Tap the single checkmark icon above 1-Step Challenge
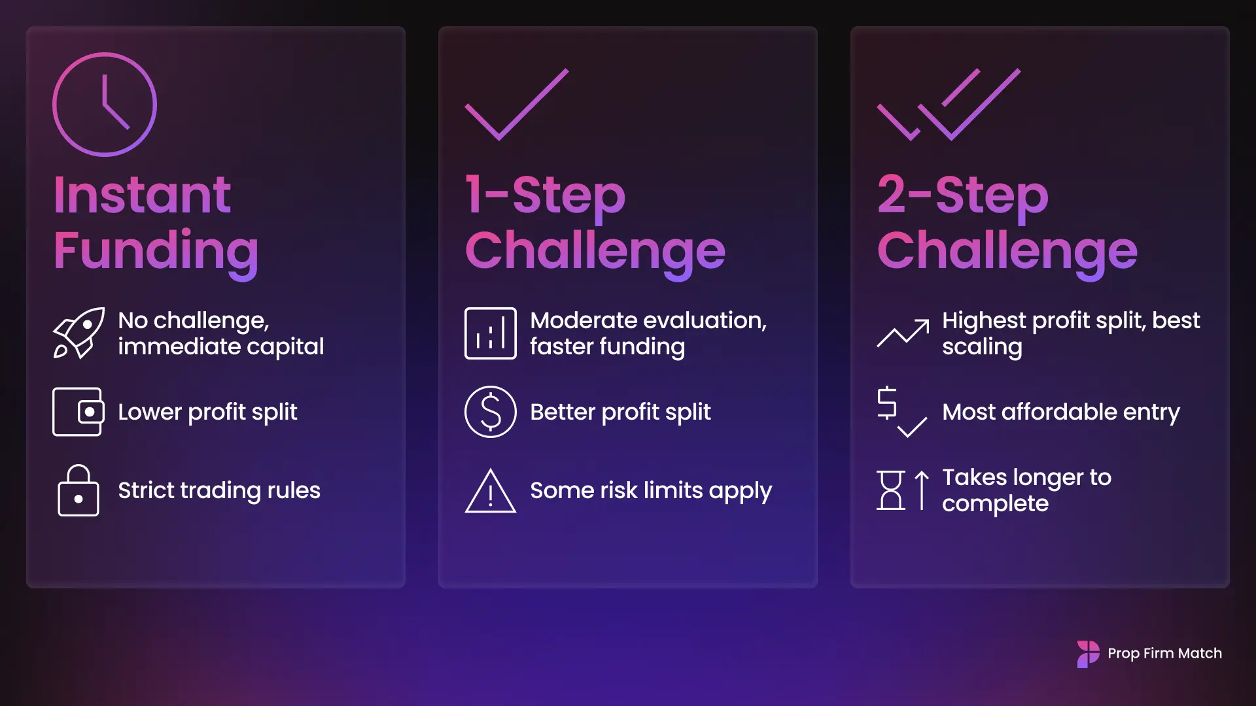517,105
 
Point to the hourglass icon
891,490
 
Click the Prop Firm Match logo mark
1089,654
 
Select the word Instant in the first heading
142,195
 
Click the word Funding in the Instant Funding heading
156,251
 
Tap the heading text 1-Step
545,195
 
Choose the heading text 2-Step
962,195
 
